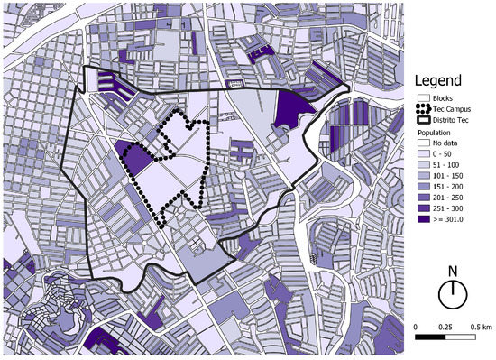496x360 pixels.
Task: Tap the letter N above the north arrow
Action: tap(454, 271)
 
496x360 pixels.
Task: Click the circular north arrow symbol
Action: tap(454, 294)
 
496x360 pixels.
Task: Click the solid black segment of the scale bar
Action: tap(430, 337)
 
